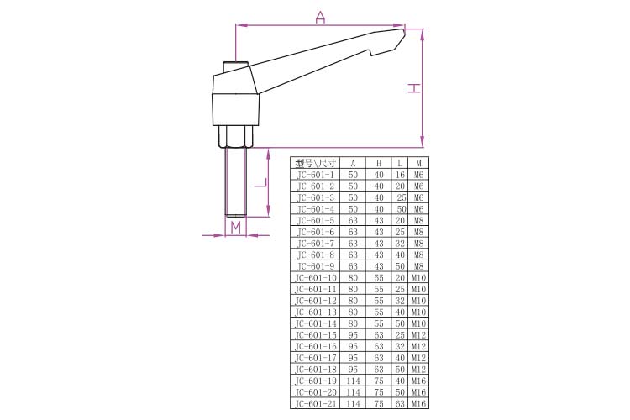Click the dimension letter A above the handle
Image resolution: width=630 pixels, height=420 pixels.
320,17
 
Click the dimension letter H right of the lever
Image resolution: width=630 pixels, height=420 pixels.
414,88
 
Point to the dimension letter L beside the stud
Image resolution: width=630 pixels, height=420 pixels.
260,183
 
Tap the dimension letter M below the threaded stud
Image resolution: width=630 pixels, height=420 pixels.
235,228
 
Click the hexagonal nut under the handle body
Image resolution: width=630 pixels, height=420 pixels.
235,137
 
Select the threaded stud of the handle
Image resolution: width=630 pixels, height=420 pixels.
235,182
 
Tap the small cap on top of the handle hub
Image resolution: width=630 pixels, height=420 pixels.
236,66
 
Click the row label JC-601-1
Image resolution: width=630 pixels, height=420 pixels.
315,175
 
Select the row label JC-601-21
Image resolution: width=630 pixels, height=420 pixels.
315,403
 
